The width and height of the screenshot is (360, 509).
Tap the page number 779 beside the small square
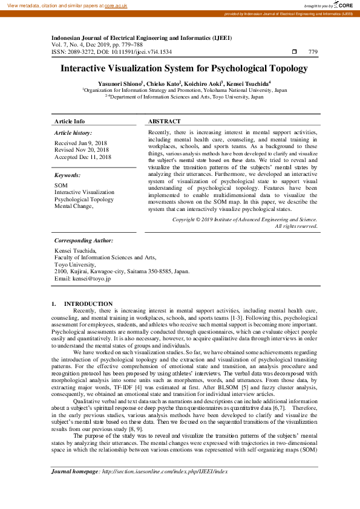click(x=313, y=53)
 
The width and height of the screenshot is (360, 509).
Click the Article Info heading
click(x=69, y=122)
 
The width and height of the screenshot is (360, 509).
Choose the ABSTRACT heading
click(x=164, y=122)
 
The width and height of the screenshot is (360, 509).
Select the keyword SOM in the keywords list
click(x=61, y=185)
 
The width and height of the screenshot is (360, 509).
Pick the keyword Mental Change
click(x=74, y=206)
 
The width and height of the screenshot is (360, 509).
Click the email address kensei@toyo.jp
click(x=91, y=279)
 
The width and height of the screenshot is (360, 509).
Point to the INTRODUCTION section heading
click(x=88, y=303)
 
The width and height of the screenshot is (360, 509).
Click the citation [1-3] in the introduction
click(x=236, y=317)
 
